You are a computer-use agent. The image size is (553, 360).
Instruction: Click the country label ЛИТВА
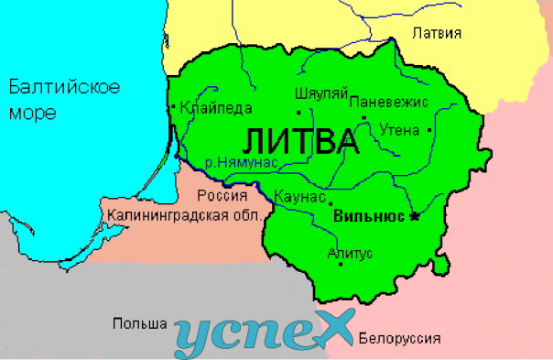click(300, 143)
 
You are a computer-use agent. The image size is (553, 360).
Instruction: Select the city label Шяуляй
click(320, 93)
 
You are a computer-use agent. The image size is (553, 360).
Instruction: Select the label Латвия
click(436, 33)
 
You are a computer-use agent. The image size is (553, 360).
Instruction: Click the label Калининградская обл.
click(185, 216)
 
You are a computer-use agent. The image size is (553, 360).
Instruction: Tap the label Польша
click(139, 323)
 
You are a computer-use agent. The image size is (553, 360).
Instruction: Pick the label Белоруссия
click(399, 338)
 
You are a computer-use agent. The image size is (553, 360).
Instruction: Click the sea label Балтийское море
click(64, 100)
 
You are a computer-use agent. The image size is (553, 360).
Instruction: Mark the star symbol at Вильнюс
click(414, 216)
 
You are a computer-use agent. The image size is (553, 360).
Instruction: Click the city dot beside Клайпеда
click(173, 107)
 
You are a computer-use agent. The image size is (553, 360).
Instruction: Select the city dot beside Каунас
click(331, 203)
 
